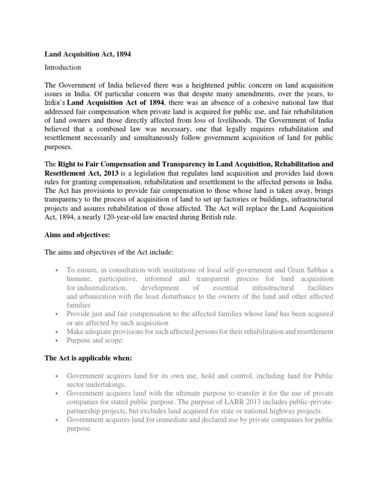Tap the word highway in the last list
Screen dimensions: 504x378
(x=280, y=410)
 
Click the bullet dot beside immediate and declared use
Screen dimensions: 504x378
(x=58, y=420)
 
